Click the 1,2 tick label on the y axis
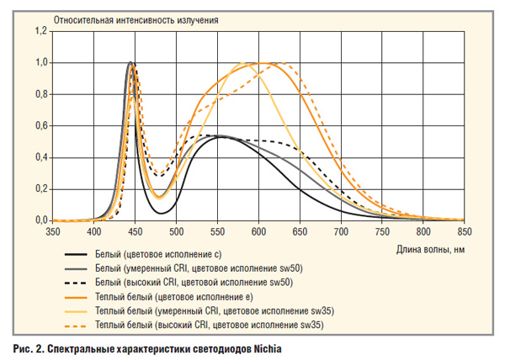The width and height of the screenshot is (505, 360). pos(40,31)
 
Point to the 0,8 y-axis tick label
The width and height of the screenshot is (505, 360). pos(40,94)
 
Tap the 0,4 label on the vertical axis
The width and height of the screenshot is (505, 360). pos(40,157)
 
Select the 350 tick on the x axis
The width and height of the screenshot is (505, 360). pos(53,230)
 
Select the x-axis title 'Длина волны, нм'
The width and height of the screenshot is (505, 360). pos(429,250)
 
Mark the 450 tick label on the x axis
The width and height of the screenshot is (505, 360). pos(136,230)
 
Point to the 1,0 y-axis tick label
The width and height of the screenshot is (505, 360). pos(40,63)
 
